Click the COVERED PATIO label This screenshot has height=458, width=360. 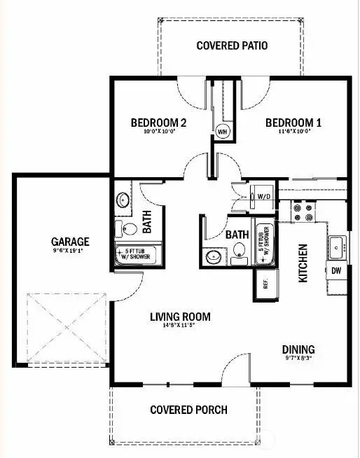tap(232, 46)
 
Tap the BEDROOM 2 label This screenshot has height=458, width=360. tap(159, 123)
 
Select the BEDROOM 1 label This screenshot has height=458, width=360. tap(293, 123)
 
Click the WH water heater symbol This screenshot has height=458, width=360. tap(223, 131)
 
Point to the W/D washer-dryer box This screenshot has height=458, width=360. tap(265, 197)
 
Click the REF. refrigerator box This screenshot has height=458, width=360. tap(265, 284)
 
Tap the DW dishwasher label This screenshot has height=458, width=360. tap(336, 270)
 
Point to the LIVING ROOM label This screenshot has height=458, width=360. tap(180, 317)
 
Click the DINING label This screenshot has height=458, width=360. tap(298, 349)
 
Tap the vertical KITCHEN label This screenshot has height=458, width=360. tap(303, 263)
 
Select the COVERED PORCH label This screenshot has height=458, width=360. tap(189, 410)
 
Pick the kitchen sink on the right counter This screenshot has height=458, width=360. tap(337, 246)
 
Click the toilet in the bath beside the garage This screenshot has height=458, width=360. tap(127, 228)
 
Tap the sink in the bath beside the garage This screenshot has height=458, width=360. tap(123, 200)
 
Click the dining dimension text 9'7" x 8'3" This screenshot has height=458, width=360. tap(298, 359)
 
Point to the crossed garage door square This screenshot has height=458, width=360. tap(65, 329)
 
